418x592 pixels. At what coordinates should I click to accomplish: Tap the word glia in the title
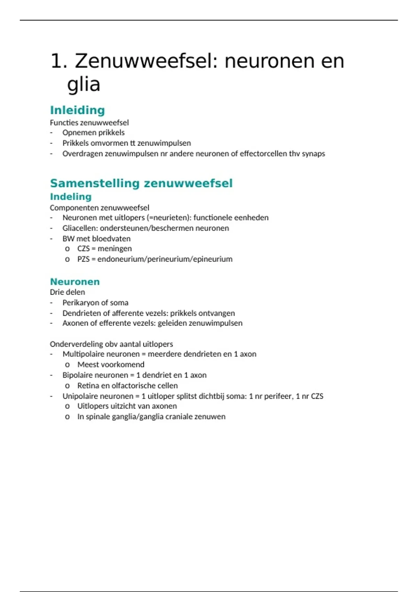pos(84,84)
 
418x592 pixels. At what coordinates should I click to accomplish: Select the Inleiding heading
pos(77,110)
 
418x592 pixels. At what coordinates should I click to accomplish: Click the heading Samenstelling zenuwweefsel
pos(141,183)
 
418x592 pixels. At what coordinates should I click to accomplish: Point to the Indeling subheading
pos(71,197)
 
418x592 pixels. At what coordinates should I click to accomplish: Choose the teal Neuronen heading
pos(75,282)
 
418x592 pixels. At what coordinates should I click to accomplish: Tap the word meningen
pos(115,249)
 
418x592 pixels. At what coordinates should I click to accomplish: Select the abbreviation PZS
pos(83,259)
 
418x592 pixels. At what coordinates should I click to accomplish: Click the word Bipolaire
pos(78,375)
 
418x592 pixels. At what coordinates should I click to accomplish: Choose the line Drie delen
pos(67,292)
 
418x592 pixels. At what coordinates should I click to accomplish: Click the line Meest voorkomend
pos(111,365)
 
